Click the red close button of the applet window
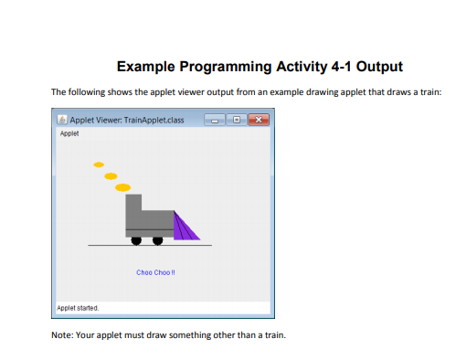click(x=258, y=120)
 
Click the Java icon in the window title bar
click(x=62, y=120)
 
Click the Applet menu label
click(x=69, y=134)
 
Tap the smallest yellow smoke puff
click(x=99, y=164)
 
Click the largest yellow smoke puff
click(x=122, y=187)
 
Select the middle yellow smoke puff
click(x=111, y=175)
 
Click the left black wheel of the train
click(x=136, y=241)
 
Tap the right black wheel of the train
click(x=157, y=241)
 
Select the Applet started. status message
click(x=78, y=308)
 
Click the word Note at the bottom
click(x=62, y=334)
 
